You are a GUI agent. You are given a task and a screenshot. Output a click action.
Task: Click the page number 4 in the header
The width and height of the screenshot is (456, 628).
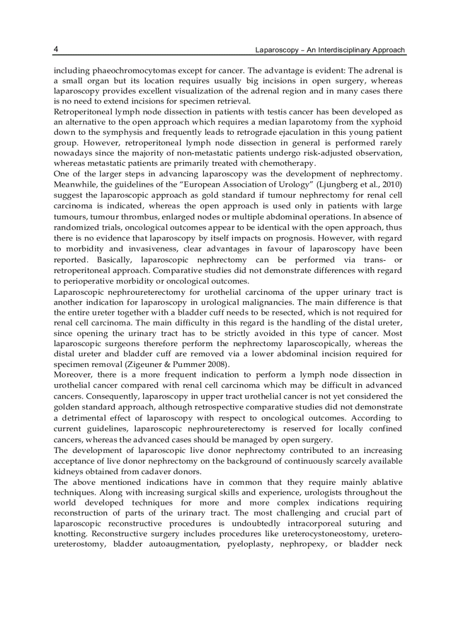coord(56,49)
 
